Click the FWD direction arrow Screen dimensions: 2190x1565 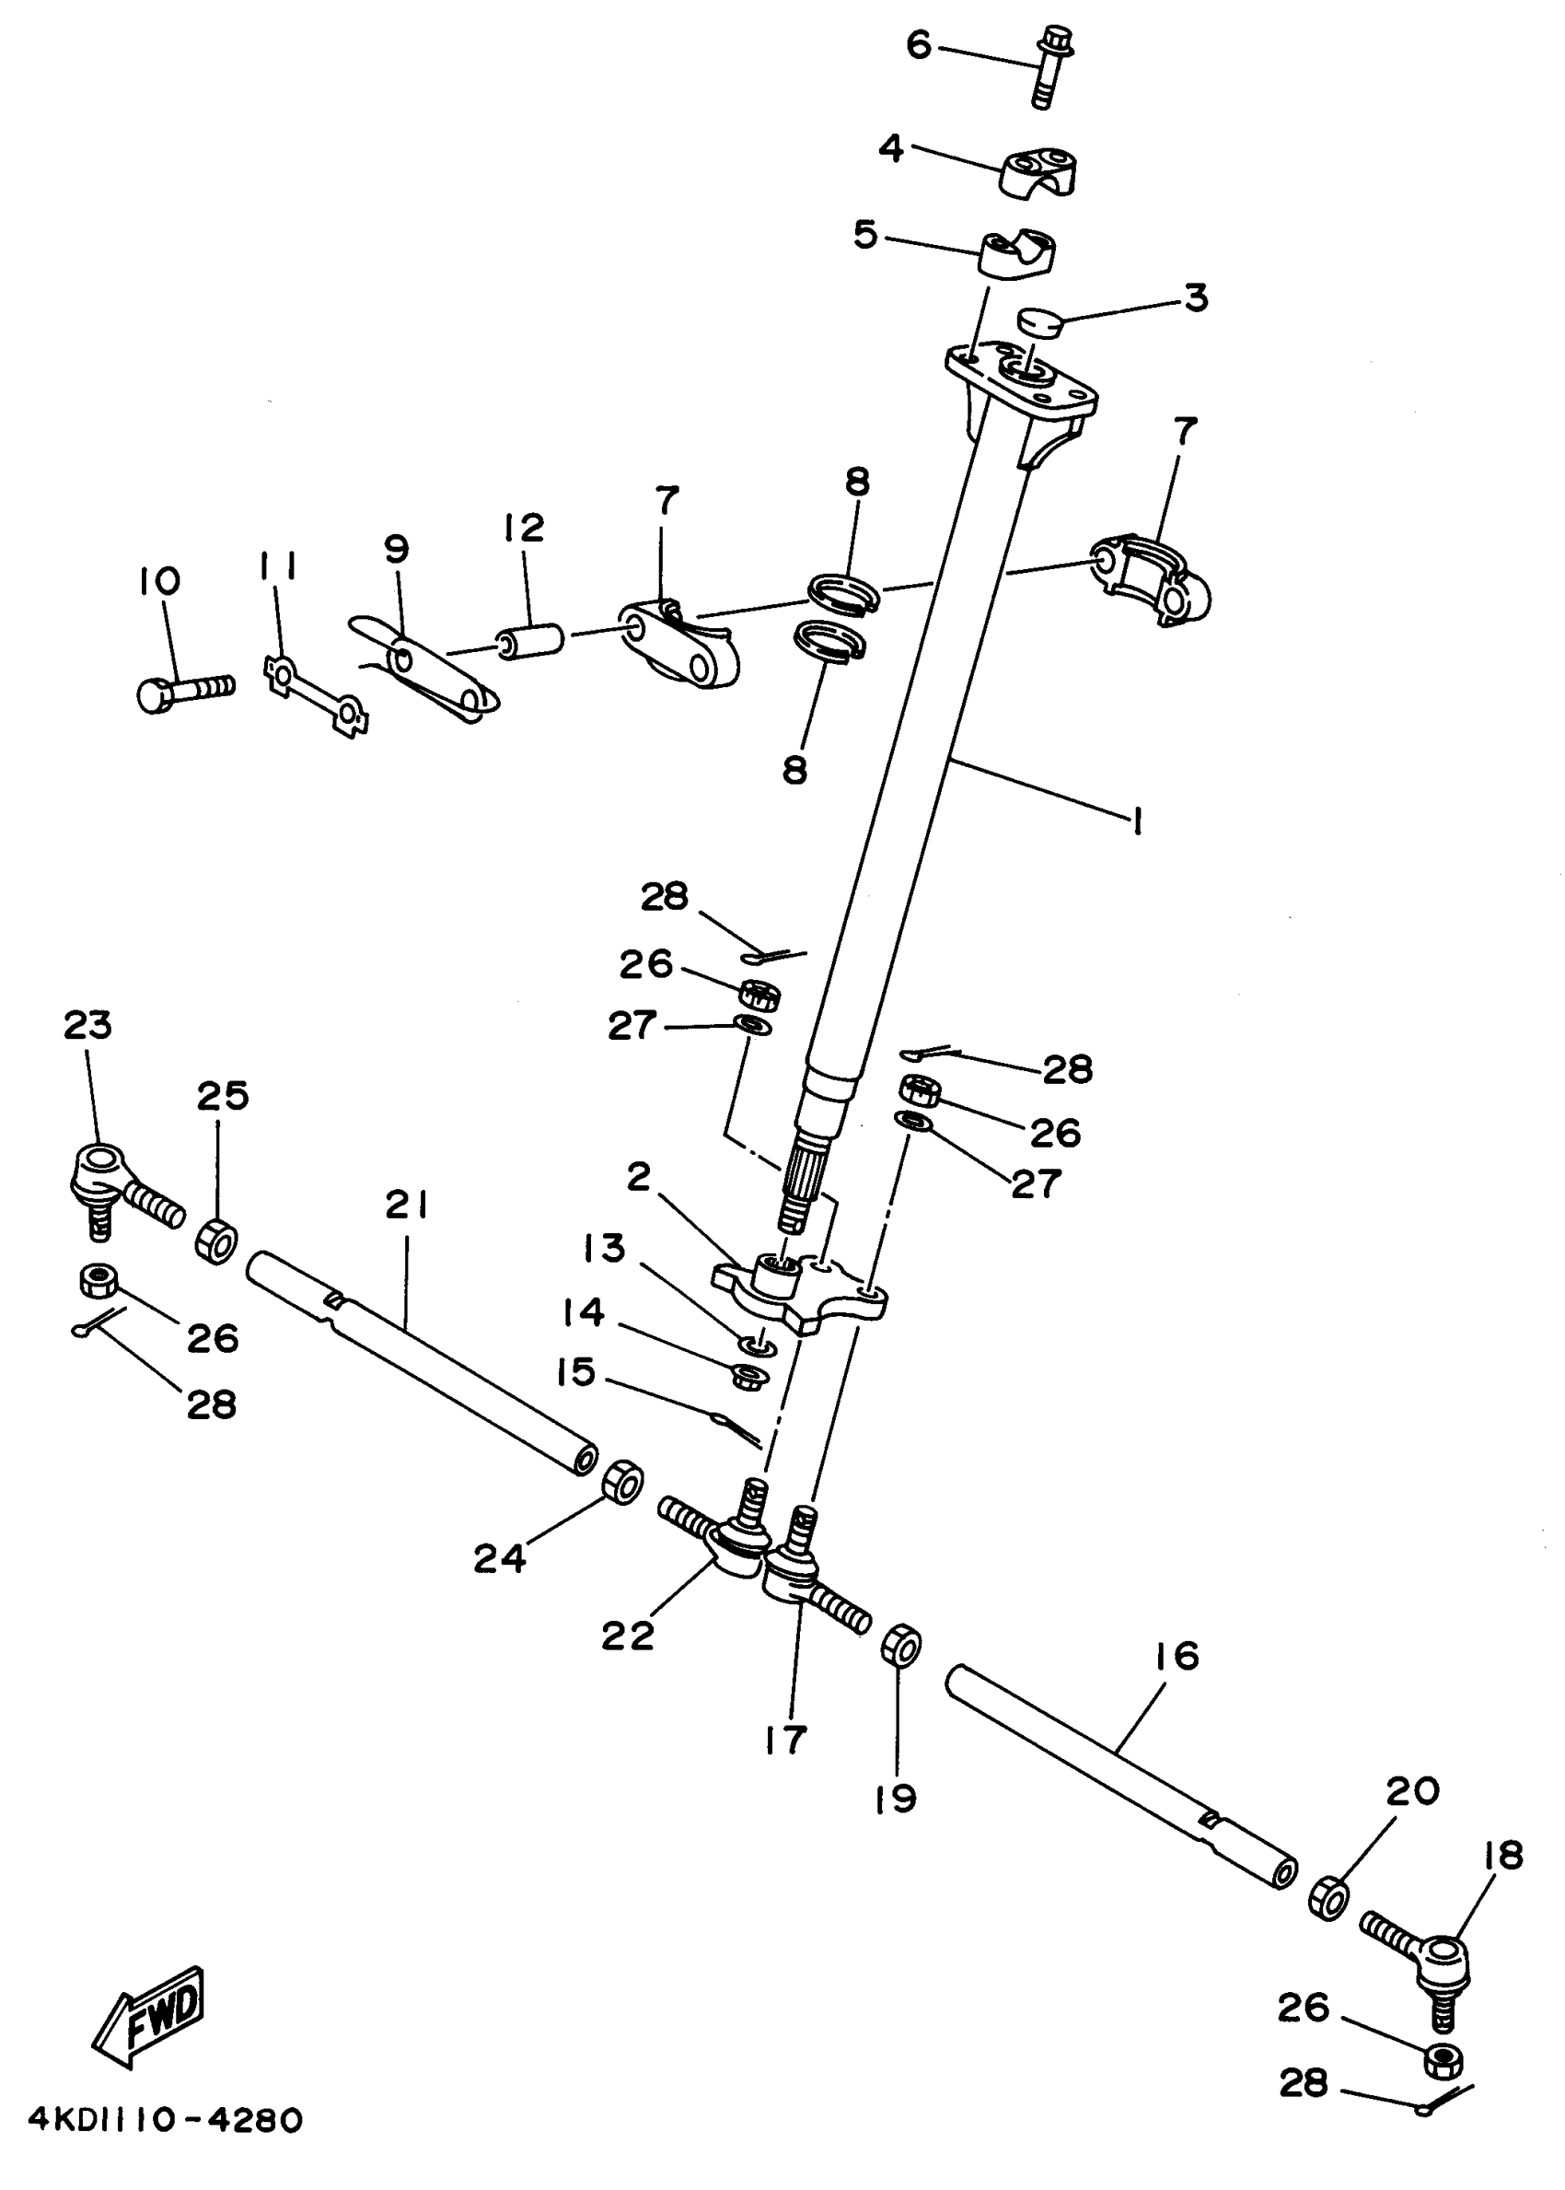click(149, 2018)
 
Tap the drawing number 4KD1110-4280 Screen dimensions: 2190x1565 click(166, 2120)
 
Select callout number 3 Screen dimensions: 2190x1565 click(1195, 297)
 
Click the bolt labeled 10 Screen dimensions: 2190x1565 click(185, 691)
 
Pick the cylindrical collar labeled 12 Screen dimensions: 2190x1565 click(529, 640)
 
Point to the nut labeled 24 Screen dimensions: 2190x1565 click(622, 1483)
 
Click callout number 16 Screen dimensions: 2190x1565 click(1176, 1656)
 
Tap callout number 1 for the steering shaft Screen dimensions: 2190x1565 click(1138, 821)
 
